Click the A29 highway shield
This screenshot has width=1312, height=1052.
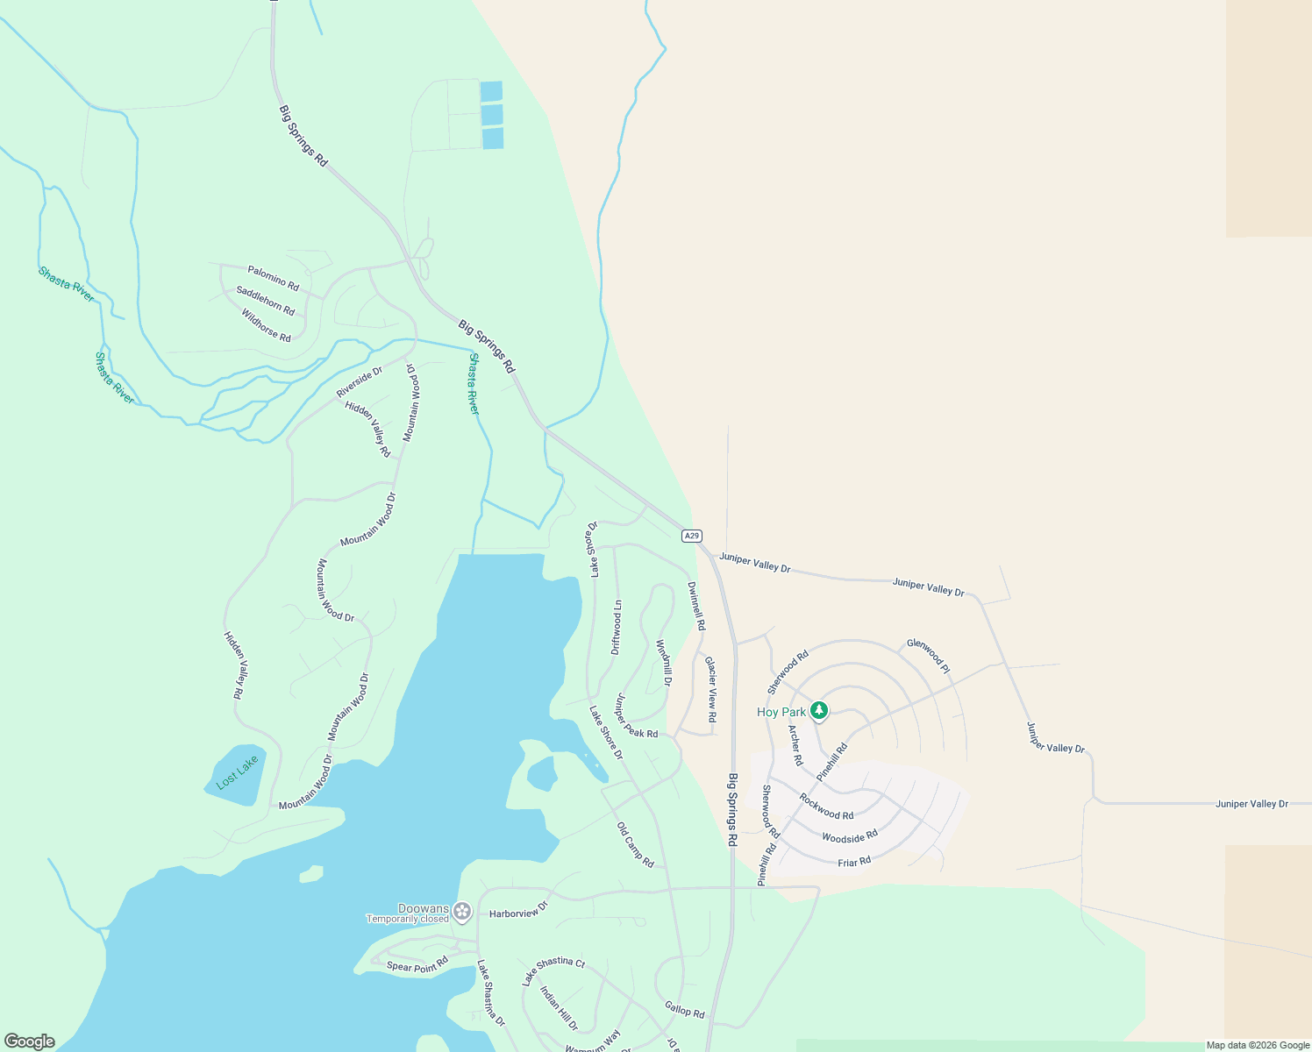(692, 536)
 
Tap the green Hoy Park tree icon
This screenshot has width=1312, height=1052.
(819, 710)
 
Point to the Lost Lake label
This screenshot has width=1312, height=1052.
(238, 771)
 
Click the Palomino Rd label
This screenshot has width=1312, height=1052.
(273, 279)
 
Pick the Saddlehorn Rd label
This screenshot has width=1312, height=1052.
(265, 300)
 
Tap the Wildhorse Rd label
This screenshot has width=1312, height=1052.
(266, 325)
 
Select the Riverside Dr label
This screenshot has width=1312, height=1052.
(360, 382)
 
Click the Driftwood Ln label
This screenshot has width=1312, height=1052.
(617, 628)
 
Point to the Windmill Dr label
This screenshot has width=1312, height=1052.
(664, 663)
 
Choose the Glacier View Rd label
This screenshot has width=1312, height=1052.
(711, 690)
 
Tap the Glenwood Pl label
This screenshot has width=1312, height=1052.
(928, 656)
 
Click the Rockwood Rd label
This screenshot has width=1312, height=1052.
(826, 807)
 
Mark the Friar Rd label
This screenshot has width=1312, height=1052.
(854, 862)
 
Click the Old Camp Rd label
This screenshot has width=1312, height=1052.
(635, 845)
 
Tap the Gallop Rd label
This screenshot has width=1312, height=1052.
(684, 1010)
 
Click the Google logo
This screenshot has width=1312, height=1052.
(30, 1041)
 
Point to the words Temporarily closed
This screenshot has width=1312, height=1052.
(407, 920)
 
